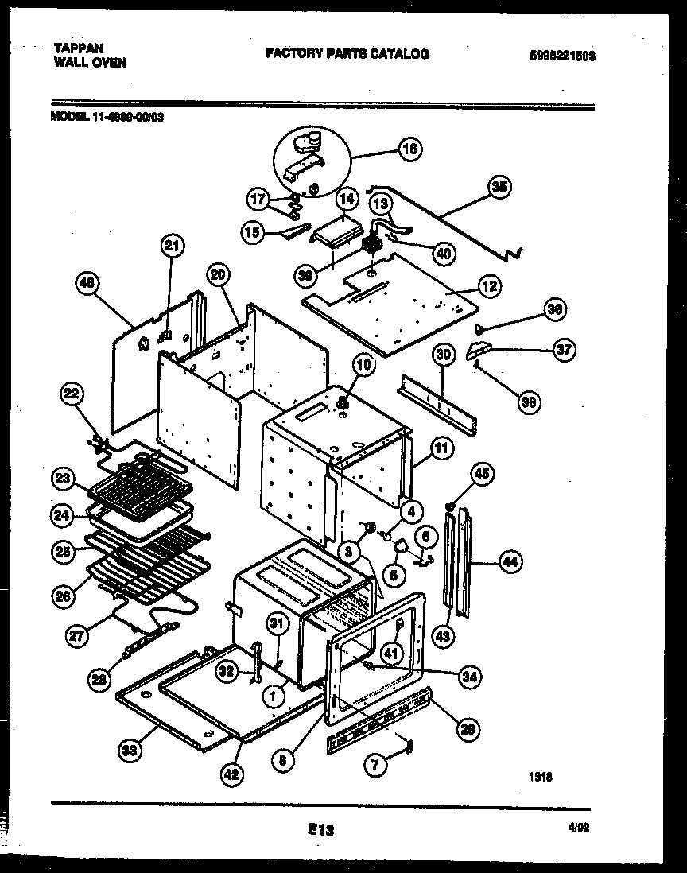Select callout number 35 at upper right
[499, 188]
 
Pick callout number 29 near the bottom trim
[469, 726]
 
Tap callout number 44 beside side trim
[510, 563]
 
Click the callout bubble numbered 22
[72, 393]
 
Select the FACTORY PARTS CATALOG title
[347, 54]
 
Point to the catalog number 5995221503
[562, 56]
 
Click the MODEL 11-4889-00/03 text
[107, 115]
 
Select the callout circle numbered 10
[362, 366]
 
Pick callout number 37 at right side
[564, 350]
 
